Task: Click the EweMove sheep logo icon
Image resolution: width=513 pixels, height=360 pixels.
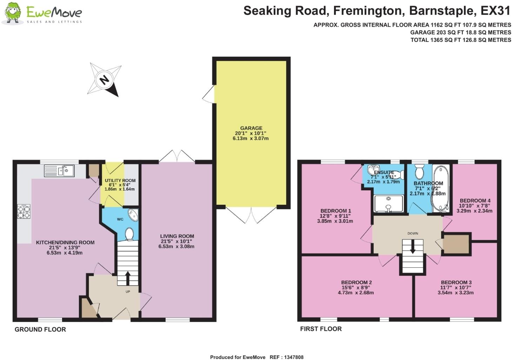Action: pos(13,13)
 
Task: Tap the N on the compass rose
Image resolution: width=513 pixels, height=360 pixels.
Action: pos(104,80)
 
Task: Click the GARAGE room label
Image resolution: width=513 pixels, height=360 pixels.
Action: pos(251,128)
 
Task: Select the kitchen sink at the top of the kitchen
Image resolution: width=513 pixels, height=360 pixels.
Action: pos(59,171)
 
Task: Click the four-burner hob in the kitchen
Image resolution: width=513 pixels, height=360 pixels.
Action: pos(24,212)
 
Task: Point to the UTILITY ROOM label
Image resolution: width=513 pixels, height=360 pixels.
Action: pos(120,181)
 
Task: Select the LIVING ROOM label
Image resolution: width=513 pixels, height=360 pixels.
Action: pos(177,236)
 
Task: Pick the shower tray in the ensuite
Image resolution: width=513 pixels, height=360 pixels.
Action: pos(388,204)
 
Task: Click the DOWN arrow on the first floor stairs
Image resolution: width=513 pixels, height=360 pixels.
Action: pos(413,247)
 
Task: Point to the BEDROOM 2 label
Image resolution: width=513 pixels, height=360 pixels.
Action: pos(356,282)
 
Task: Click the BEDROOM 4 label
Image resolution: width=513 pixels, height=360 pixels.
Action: pos(475,201)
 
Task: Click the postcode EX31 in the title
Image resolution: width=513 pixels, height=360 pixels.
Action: pos(495,11)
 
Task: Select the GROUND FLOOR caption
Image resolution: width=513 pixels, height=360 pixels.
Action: pos(40,329)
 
